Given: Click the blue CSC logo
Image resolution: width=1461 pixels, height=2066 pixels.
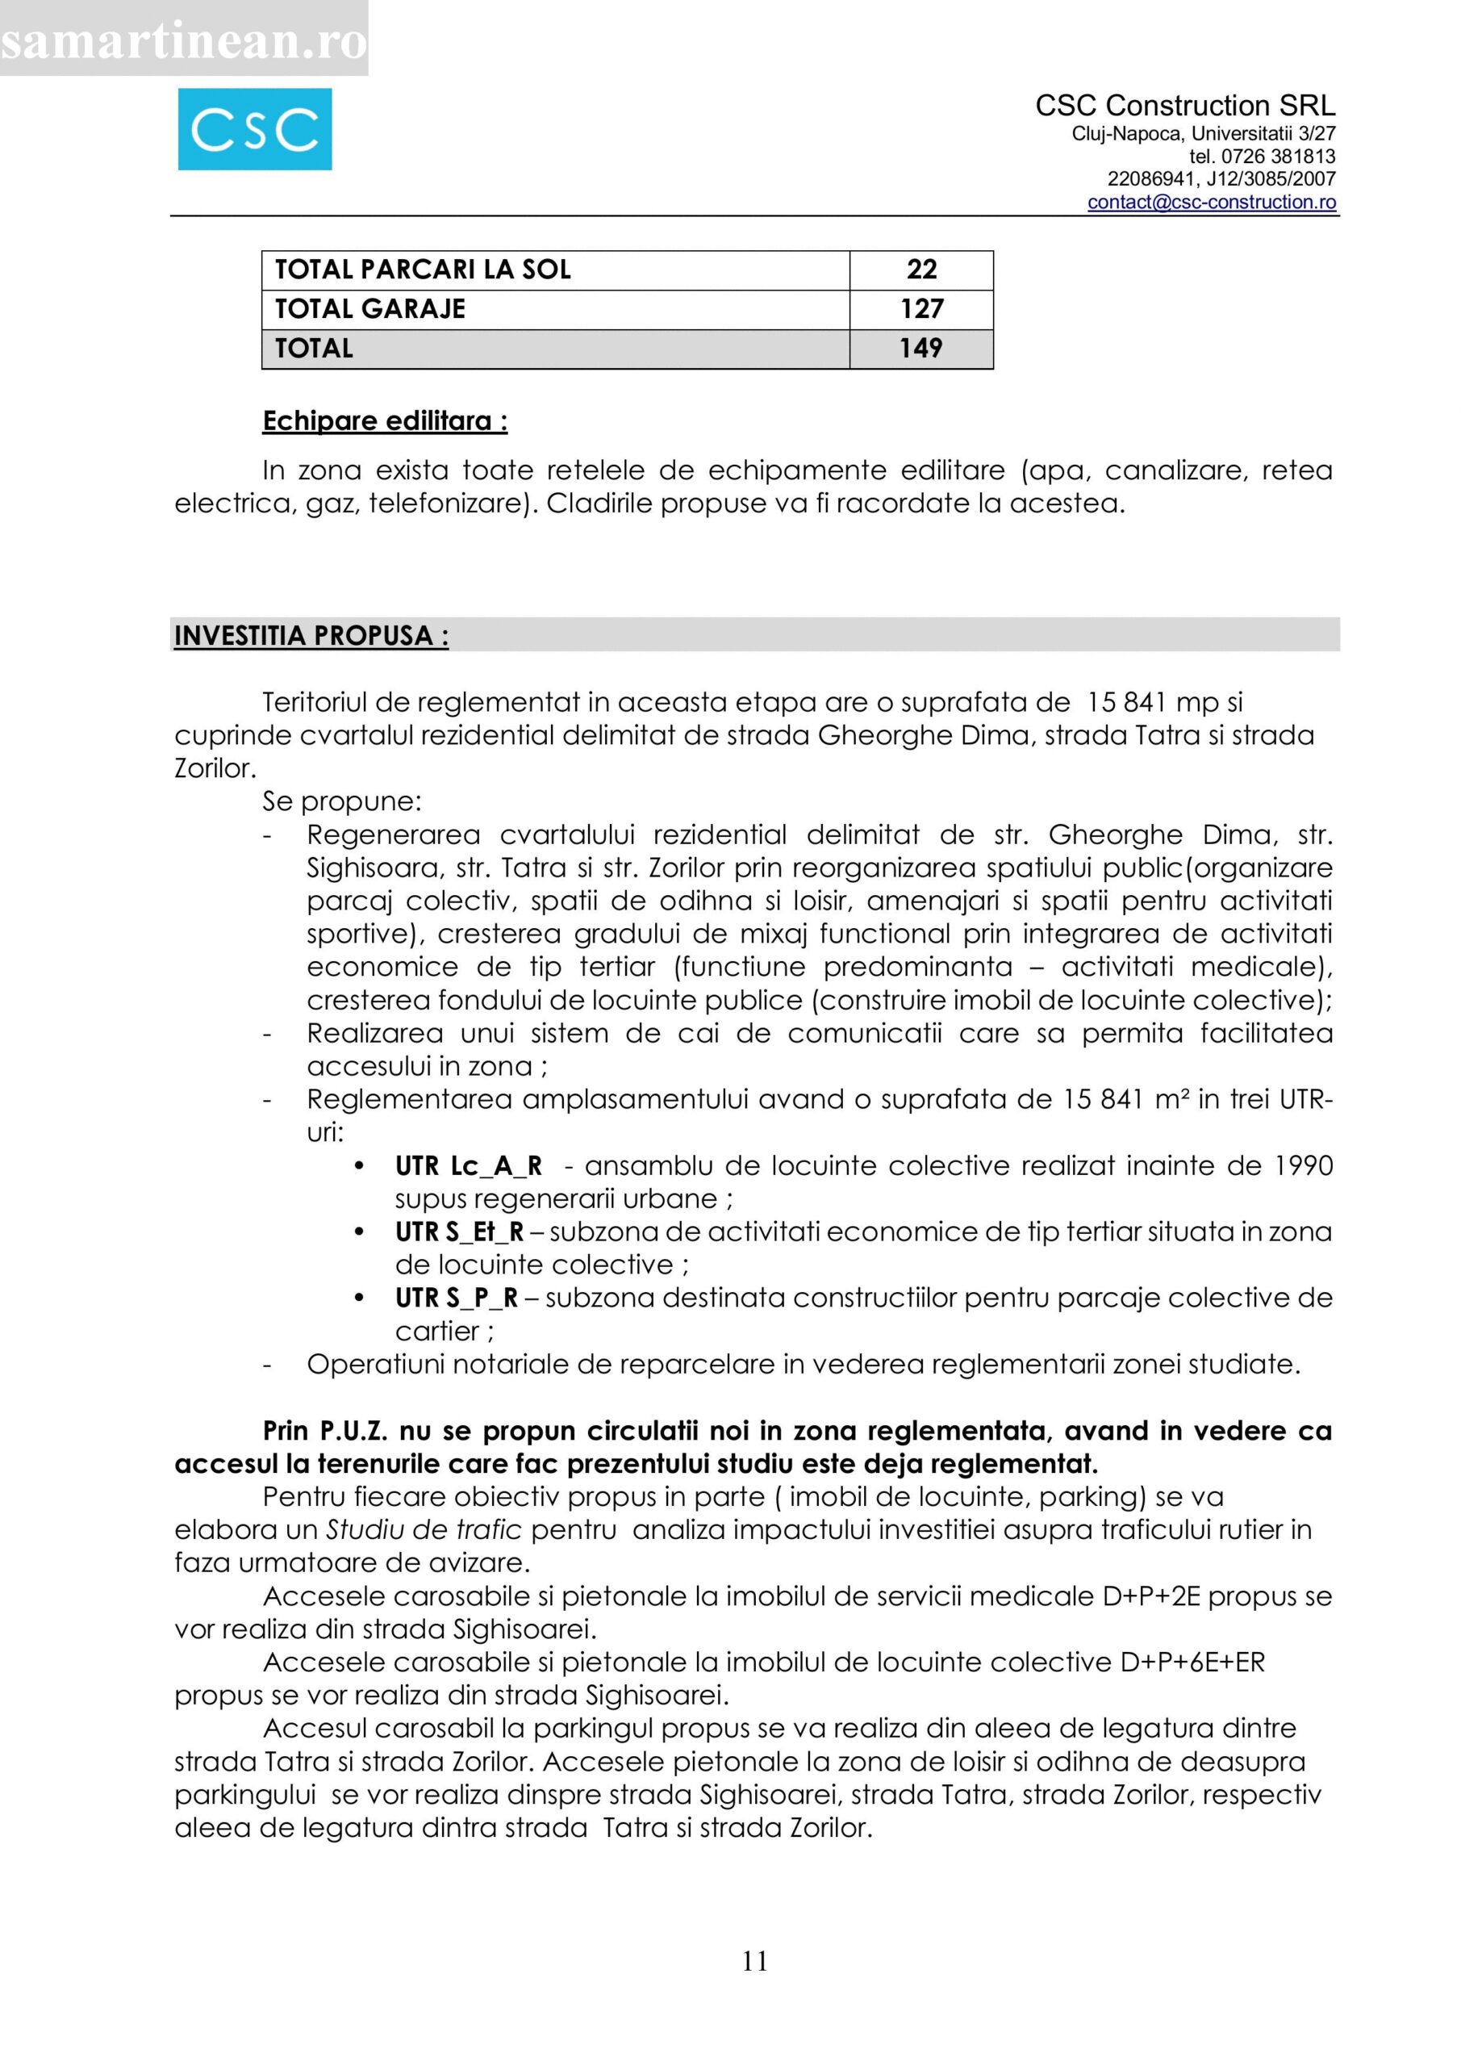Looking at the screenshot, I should coord(255,130).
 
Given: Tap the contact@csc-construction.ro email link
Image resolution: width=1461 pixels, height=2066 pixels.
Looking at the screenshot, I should coord(1211,203).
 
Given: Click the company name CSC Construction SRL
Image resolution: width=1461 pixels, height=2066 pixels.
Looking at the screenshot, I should coord(1185,107).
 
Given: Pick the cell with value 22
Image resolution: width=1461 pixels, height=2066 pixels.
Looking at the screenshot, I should coord(921,269).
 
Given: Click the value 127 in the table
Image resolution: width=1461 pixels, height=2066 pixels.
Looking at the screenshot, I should coord(921,308).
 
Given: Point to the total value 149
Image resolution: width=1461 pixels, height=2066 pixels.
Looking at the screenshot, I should coord(921,348).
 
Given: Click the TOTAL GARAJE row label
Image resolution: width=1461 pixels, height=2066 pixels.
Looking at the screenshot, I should coord(369,308).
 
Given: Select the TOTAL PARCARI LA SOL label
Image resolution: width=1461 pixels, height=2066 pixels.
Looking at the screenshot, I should coord(423,269).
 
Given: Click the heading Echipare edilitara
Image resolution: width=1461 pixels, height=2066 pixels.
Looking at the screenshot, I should coord(384,421).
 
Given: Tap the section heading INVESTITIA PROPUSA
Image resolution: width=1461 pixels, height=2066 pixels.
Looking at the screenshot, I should coord(311,635).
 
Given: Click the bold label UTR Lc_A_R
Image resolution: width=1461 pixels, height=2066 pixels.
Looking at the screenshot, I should coord(469,1166).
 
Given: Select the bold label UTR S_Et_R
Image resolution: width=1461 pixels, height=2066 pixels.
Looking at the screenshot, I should coord(459,1232).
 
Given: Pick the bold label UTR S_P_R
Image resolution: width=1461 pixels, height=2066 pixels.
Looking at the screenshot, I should coord(456,1299).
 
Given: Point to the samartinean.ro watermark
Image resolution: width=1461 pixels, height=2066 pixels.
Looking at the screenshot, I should coord(183,40).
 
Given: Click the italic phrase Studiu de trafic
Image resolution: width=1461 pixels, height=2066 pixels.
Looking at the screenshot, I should coord(424,1529).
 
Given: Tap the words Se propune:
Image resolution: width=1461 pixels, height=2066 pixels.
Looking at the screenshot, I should coord(342,801).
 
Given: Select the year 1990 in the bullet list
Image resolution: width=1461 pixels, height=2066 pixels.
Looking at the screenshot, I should coord(1304,1166).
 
